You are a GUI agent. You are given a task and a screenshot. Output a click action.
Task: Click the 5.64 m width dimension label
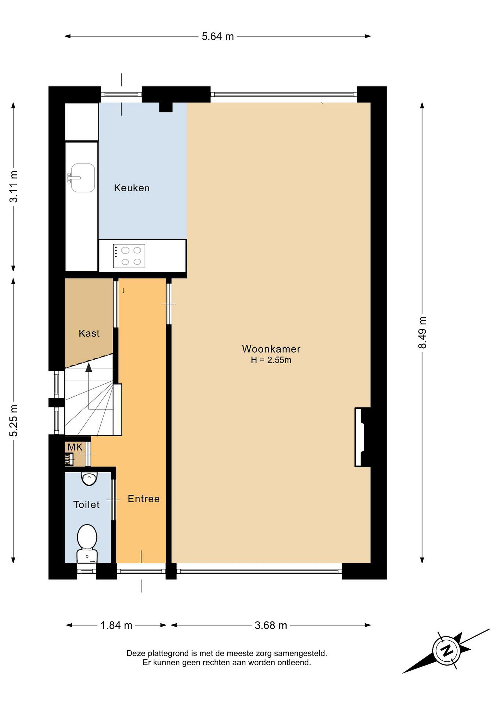pos(218,37)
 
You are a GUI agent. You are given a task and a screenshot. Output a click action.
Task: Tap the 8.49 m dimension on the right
pos(422,332)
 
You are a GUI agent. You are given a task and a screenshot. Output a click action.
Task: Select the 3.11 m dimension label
pos(13,186)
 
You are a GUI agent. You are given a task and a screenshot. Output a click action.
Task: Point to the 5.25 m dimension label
pos(13,420)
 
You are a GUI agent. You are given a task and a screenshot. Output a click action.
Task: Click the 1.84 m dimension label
pos(116,625)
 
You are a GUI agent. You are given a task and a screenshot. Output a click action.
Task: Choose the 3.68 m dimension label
pos(271,625)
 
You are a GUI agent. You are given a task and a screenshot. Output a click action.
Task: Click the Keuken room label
pos(132,188)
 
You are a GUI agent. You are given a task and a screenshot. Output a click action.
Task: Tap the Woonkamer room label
pos(271,349)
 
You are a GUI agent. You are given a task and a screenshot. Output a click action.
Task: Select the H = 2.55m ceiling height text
pos(271,360)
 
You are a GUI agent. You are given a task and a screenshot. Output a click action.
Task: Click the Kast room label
pos(89,333)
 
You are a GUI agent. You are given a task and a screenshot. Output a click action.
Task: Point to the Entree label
pos(144,499)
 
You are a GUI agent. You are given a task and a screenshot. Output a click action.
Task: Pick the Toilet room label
pos(86,504)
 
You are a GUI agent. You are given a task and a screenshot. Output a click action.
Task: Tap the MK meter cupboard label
pos(75,447)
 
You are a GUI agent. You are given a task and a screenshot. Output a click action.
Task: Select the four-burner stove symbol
pos(129,256)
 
